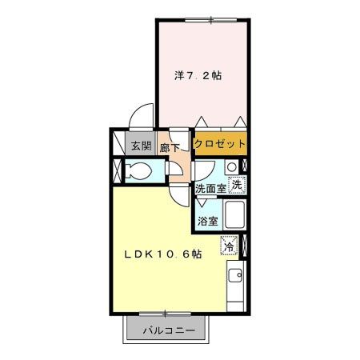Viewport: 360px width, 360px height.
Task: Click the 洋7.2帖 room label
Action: click(x=198, y=76)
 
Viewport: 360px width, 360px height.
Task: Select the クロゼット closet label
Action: click(x=219, y=146)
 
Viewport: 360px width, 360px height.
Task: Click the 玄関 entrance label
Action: click(x=141, y=146)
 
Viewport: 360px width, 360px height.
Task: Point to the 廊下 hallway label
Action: click(x=169, y=147)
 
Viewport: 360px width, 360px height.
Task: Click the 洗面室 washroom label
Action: click(x=211, y=190)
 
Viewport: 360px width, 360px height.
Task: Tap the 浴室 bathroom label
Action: click(x=207, y=220)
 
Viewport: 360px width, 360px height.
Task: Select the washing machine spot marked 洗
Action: click(x=236, y=185)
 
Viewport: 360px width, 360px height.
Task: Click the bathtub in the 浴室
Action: click(x=235, y=216)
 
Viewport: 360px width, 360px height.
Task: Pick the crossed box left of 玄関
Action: click(x=118, y=170)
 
